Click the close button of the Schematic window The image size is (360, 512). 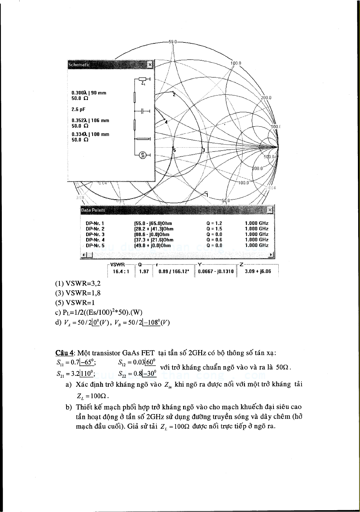click(x=150, y=65)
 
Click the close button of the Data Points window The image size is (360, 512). click(x=270, y=210)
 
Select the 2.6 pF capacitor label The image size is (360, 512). click(x=78, y=109)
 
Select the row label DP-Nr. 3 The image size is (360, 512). click(x=95, y=234)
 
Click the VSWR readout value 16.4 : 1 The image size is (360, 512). click(x=121, y=271)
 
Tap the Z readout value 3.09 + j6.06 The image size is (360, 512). click(x=258, y=271)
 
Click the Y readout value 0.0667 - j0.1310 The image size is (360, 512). click(x=216, y=271)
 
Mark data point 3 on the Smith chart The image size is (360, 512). click(x=203, y=150)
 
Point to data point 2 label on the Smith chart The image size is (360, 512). click(x=174, y=95)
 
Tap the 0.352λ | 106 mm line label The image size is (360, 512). click(x=90, y=120)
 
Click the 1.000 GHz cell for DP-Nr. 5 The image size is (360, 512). click(x=256, y=245)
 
